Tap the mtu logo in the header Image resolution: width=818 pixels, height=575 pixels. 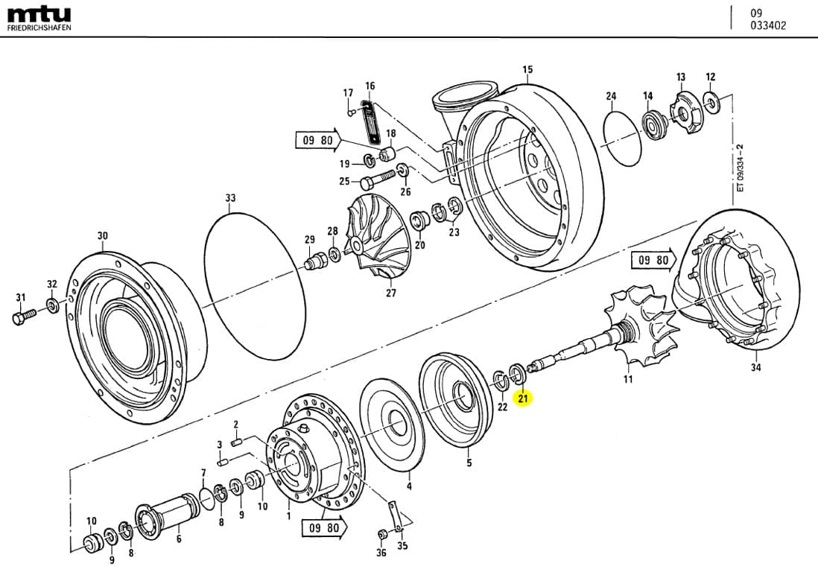coord(39,14)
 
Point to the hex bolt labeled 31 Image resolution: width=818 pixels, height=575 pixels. coord(22,318)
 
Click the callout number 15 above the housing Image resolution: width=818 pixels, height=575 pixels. coord(527,70)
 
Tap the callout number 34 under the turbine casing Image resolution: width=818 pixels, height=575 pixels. coord(756,366)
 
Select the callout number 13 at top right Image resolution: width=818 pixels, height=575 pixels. coord(680,77)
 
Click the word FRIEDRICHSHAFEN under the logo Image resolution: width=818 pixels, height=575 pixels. coord(39,28)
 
